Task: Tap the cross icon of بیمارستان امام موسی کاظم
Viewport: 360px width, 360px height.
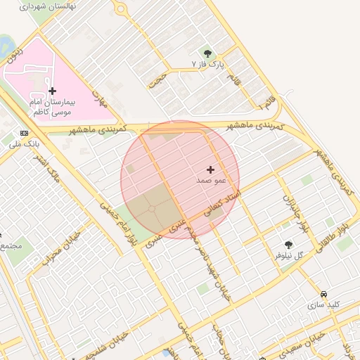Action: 52,91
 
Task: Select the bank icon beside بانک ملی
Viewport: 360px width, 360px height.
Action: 25,134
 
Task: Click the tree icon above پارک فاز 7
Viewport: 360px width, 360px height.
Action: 207,53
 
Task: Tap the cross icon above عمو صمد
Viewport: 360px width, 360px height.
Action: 210,169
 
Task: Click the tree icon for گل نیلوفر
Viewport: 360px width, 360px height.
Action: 288,245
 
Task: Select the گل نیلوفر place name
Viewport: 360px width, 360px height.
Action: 288,255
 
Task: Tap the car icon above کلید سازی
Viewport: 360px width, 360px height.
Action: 323,294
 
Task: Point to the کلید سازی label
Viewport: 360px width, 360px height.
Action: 323,304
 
